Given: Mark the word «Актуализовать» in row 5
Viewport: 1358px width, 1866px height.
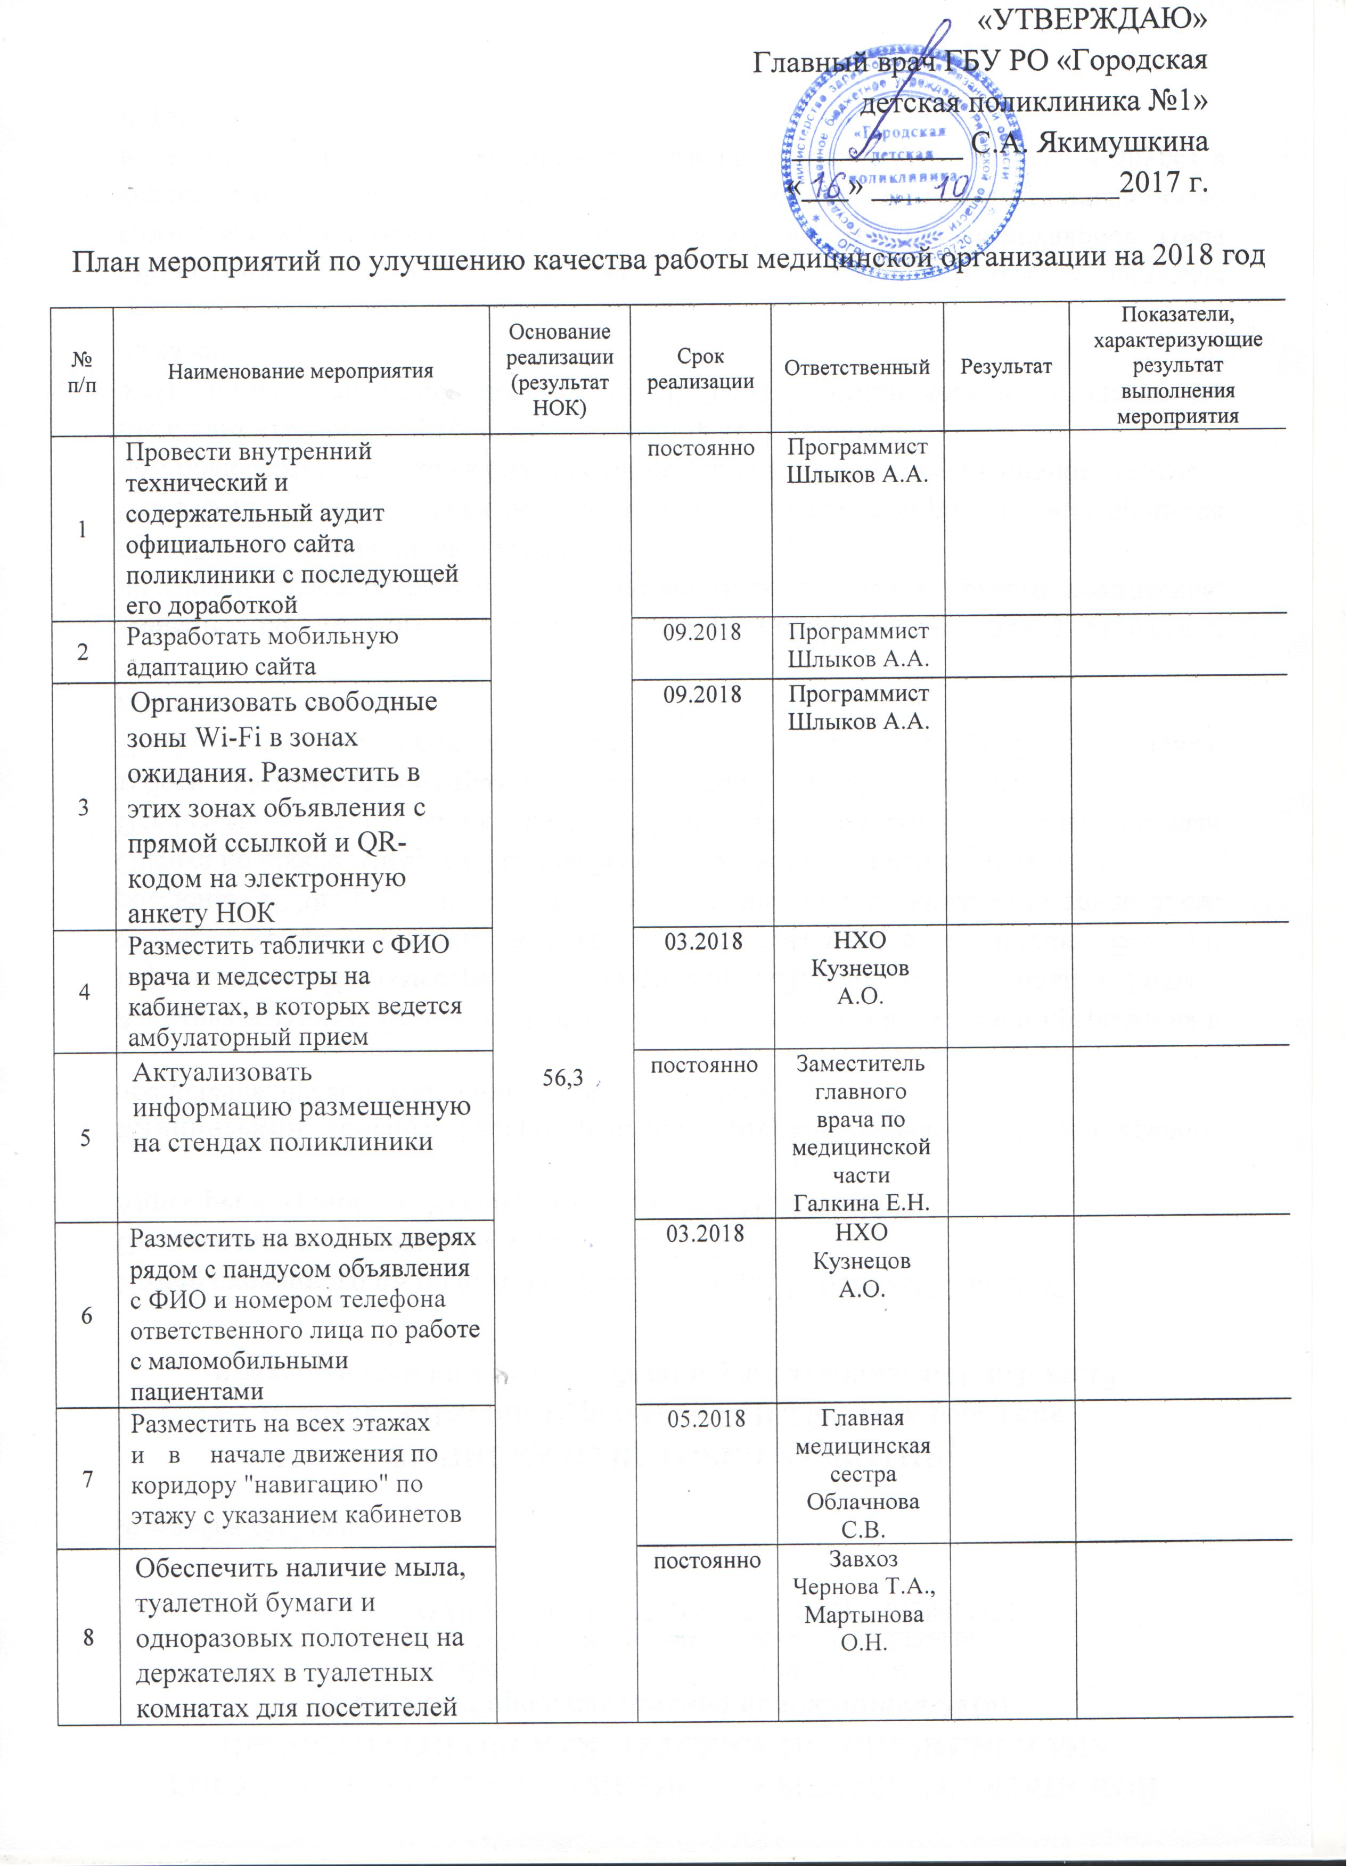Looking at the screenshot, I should point(222,1073).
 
